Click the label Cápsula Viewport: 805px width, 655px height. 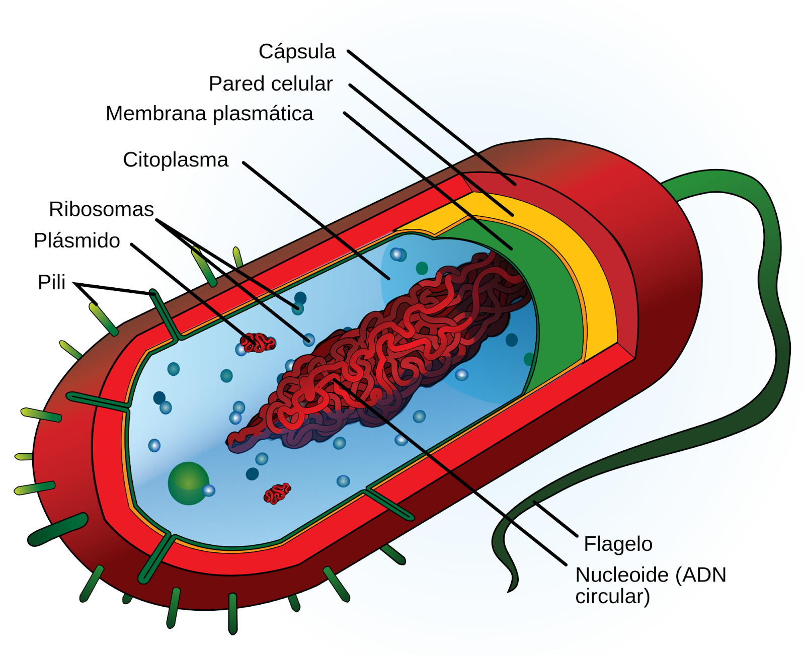click(x=297, y=52)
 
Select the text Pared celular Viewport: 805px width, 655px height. click(x=271, y=84)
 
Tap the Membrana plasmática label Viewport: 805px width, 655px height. click(x=209, y=114)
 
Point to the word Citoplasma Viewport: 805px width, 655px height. click(x=176, y=160)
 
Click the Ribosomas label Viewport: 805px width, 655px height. click(x=101, y=209)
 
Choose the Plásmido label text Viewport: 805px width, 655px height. click(x=76, y=241)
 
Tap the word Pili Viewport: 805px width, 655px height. click(x=51, y=282)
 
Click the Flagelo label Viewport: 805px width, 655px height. click(x=618, y=544)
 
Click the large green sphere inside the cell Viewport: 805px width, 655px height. click(x=189, y=483)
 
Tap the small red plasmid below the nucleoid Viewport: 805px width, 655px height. click(x=277, y=494)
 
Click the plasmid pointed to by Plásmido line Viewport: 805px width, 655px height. click(x=258, y=343)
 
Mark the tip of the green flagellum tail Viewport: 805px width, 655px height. click(x=508, y=592)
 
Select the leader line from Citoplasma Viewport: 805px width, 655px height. click(x=316, y=221)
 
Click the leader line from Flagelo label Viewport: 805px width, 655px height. click(x=555, y=519)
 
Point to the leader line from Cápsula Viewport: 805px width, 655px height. click(x=432, y=118)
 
